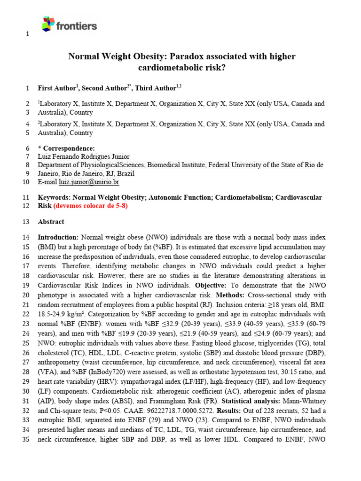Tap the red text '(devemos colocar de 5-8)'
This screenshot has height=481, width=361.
[x=90, y=206]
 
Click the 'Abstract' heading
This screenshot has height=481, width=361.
[x=51, y=222]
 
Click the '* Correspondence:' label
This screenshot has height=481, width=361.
[x=66, y=148]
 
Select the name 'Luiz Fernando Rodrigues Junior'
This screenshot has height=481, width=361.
[x=83, y=156]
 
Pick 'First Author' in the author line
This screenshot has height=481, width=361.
[x=57, y=88]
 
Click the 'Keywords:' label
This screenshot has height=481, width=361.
[x=54, y=198]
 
